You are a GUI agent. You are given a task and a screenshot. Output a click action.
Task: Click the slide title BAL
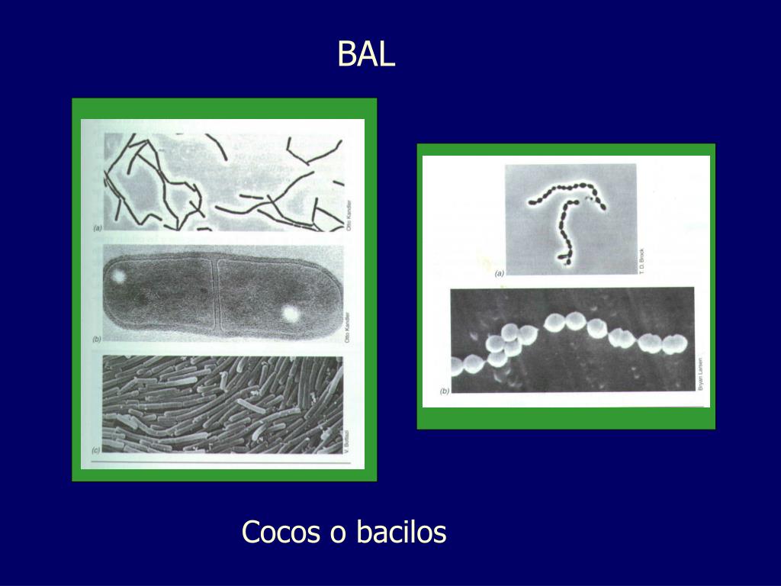(x=367, y=55)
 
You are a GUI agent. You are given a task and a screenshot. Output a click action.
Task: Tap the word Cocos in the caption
(x=281, y=533)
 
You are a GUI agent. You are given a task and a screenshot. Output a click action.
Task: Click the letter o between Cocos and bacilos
(x=337, y=533)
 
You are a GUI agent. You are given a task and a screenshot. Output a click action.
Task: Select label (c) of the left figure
(x=96, y=451)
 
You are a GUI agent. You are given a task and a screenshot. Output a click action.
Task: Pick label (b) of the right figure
(x=445, y=391)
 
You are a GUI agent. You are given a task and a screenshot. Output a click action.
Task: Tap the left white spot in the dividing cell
(x=118, y=275)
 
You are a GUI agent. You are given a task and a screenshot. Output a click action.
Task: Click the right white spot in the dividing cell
(x=290, y=313)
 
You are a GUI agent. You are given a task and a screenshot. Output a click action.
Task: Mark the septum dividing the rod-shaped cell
(x=215, y=294)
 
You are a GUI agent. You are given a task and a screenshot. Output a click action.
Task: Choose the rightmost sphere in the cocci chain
(x=673, y=345)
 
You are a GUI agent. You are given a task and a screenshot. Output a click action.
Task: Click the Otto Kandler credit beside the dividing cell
(x=348, y=325)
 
